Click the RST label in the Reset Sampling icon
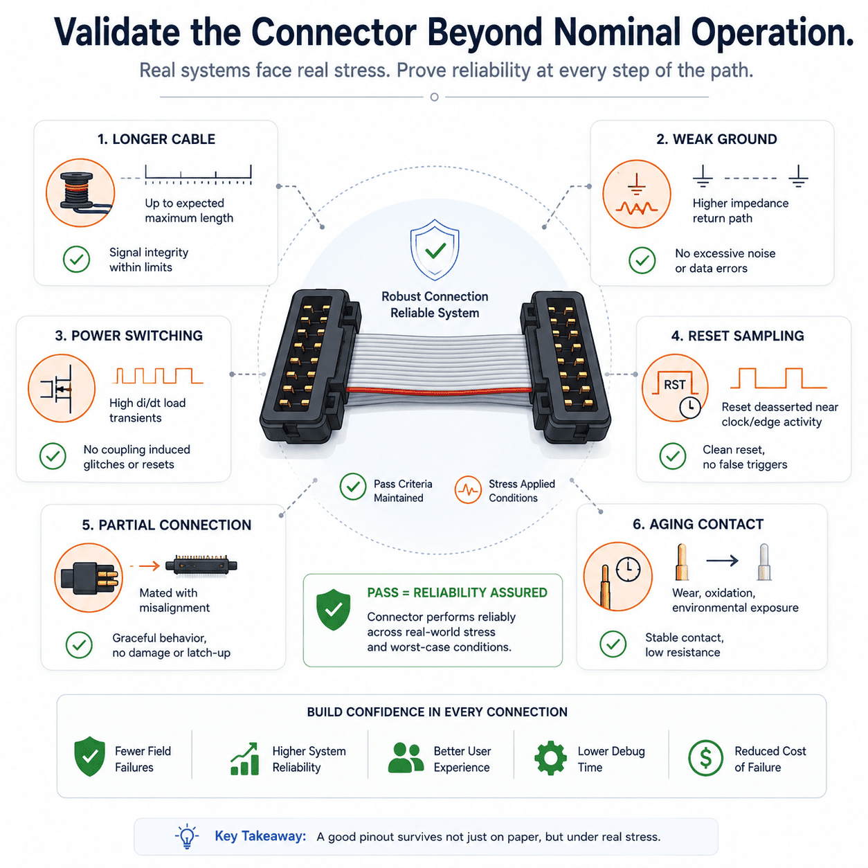674,385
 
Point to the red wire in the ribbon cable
439,389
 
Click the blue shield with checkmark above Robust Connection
434,250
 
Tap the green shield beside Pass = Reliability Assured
333,609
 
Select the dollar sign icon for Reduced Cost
705,758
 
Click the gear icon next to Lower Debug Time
550,758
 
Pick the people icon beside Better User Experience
406,758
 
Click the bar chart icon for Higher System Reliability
244,759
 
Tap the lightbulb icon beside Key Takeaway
186,836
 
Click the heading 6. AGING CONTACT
698,524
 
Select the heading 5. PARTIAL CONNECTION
167,525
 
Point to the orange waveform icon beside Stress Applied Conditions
468,489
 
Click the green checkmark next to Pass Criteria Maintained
353,487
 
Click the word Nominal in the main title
617,33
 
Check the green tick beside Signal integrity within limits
76,259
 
